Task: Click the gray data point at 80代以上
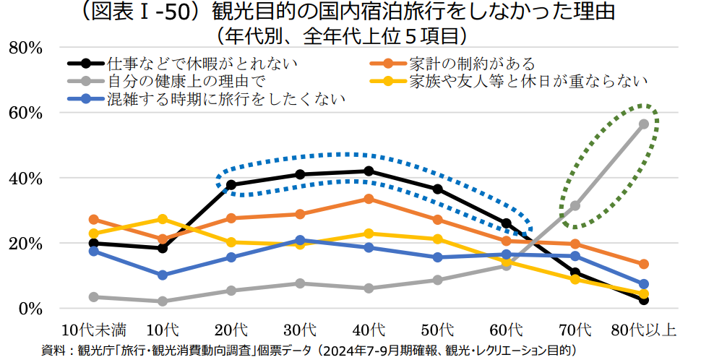click(643, 124)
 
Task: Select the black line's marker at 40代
click(369, 171)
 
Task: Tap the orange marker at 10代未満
click(93, 219)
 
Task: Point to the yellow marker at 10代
click(163, 219)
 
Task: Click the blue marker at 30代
click(300, 240)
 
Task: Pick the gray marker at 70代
click(575, 206)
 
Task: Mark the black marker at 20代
click(231, 185)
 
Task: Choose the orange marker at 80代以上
click(643, 264)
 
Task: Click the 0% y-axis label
click(30, 309)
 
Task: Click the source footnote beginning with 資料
click(311, 350)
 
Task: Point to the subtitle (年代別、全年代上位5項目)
click(349, 35)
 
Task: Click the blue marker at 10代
click(163, 275)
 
